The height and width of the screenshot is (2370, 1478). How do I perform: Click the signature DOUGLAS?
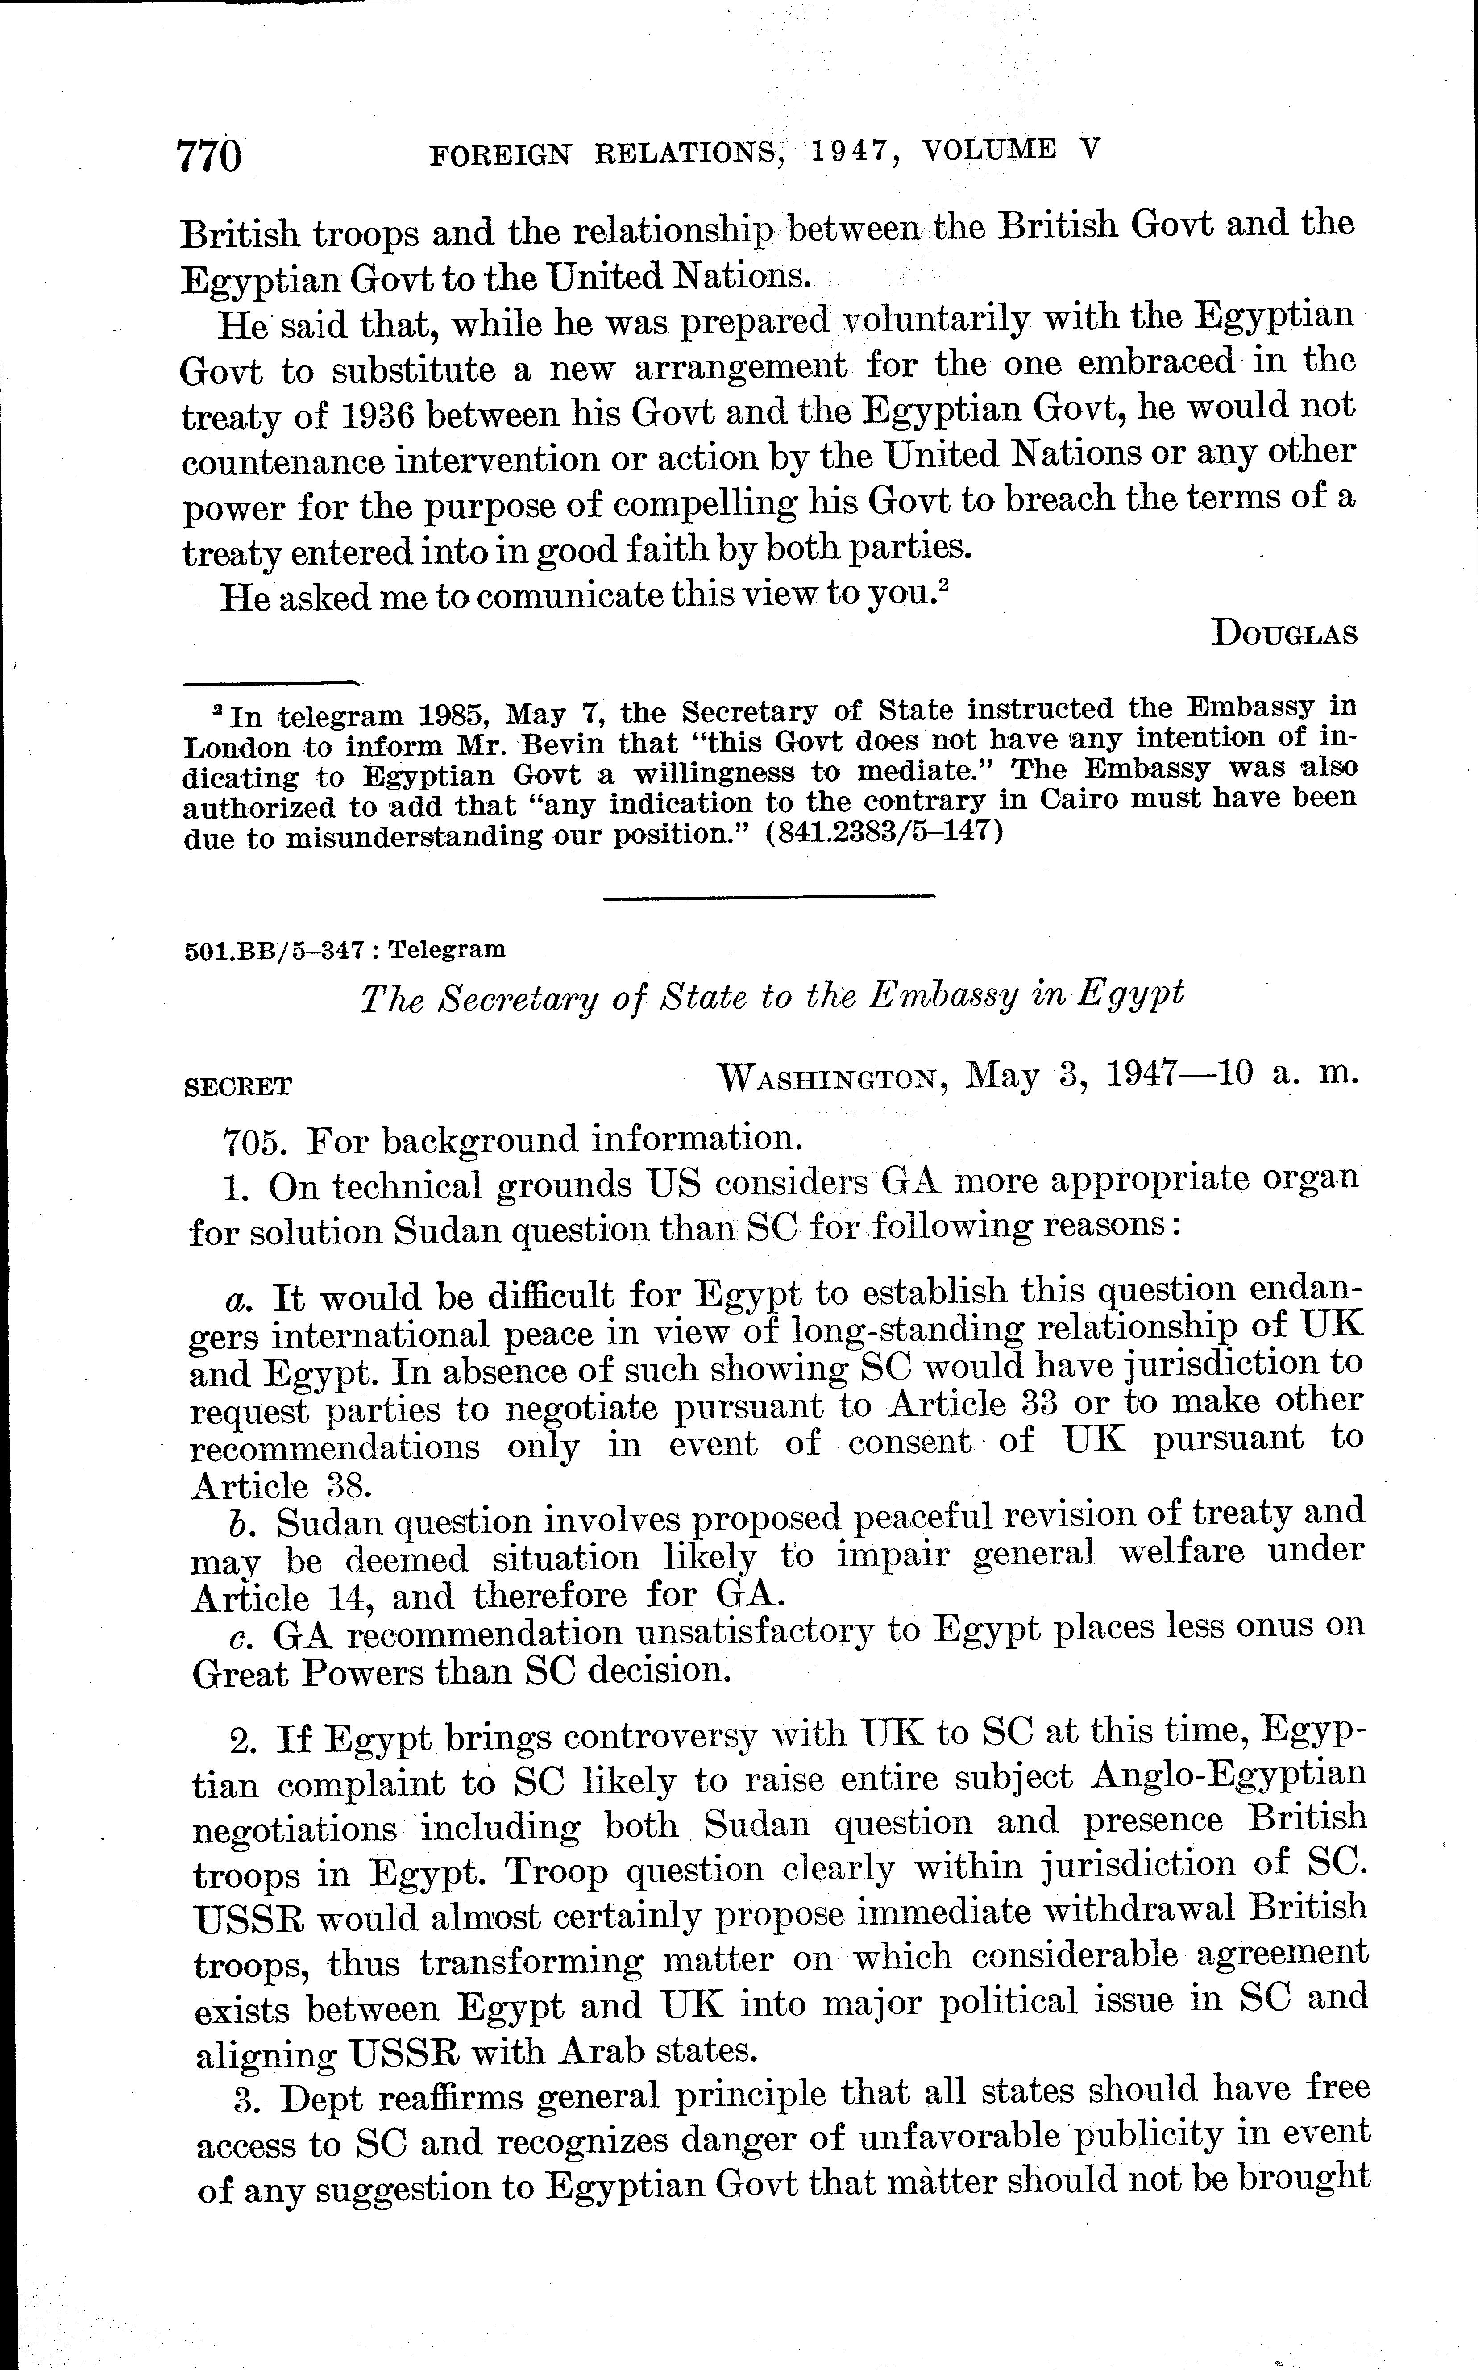(x=1283, y=635)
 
